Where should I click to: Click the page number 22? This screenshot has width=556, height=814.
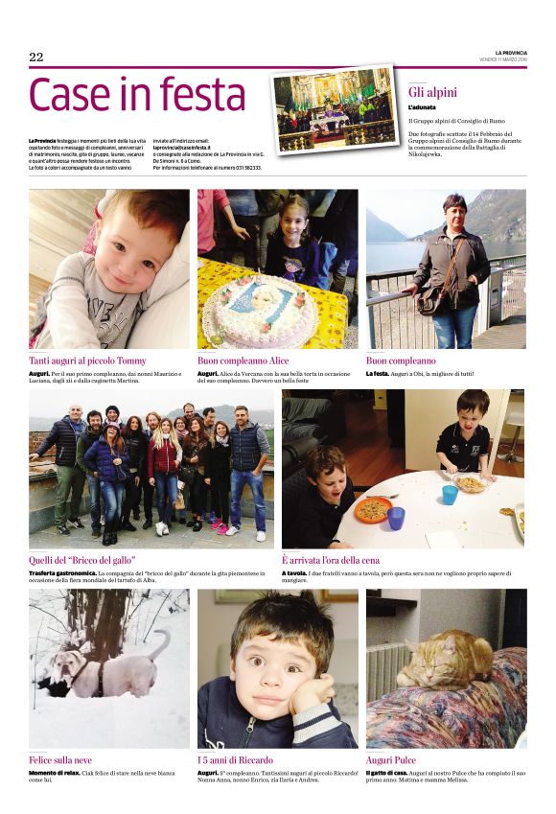click(x=36, y=58)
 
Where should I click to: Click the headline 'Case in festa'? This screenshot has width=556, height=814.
click(x=138, y=95)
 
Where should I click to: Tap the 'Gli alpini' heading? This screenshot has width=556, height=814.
click(x=432, y=92)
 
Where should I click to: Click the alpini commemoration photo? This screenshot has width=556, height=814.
click(x=334, y=109)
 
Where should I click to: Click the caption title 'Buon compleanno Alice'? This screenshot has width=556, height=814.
click(x=242, y=360)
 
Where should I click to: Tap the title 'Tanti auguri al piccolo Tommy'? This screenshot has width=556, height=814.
click(x=88, y=360)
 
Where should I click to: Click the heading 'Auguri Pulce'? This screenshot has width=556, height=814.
click(x=391, y=759)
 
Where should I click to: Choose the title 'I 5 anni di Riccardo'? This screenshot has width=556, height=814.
click(x=235, y=759)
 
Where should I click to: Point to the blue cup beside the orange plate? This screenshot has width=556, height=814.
click(x=395, y=518)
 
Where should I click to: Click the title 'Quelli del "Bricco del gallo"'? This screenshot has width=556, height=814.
click(x=82, y=559)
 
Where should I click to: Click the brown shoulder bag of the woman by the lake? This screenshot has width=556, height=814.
click(x=429, y=303)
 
